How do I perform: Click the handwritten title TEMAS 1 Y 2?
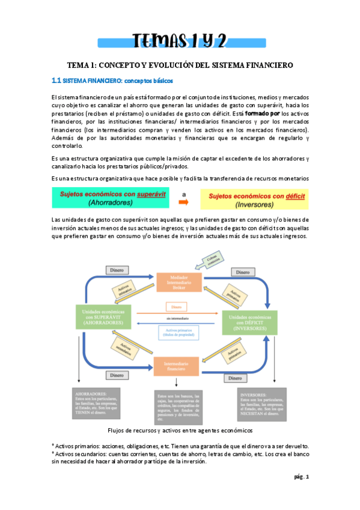point(179,40)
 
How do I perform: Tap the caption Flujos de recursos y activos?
point(179,431)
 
